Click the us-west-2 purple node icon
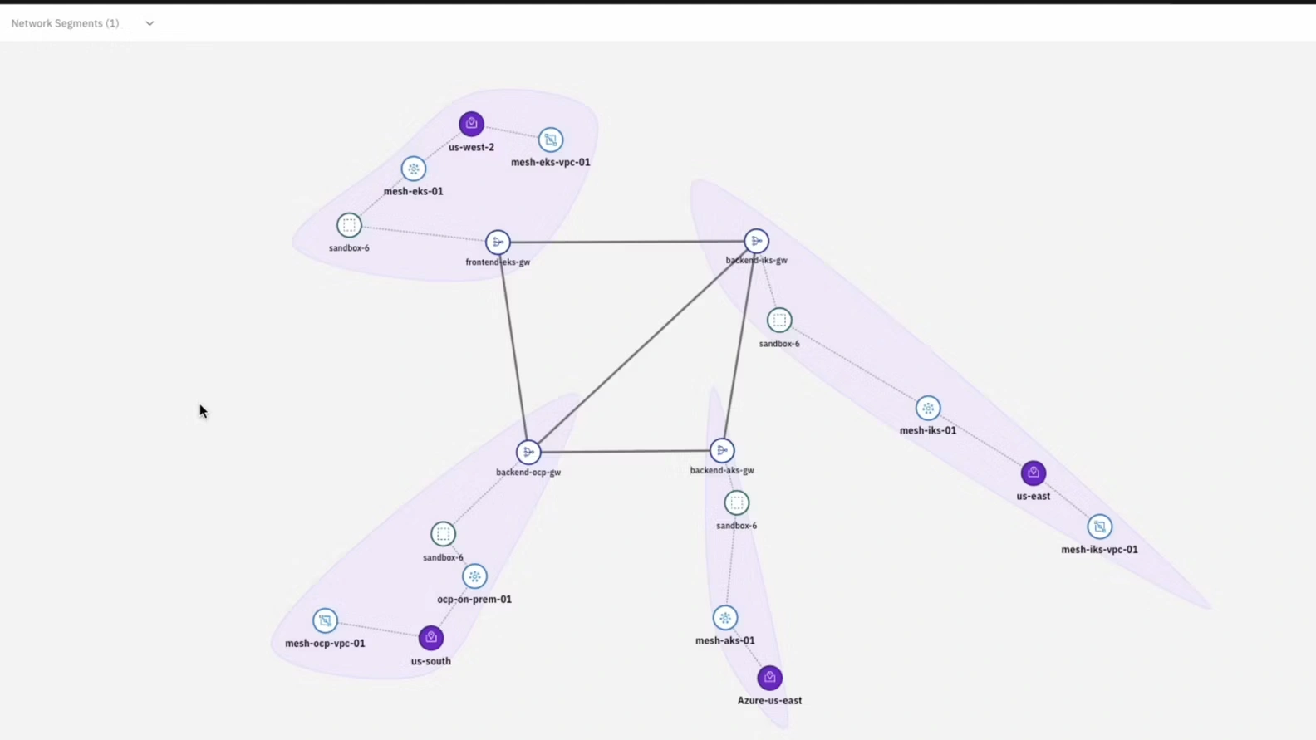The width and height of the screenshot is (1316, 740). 471,124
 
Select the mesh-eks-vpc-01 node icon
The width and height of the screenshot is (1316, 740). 551,140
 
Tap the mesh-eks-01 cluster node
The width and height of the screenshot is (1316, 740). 414,169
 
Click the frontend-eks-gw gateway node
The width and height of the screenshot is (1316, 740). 498,242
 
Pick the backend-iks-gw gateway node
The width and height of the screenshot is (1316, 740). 756,241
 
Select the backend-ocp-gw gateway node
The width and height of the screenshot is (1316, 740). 528,452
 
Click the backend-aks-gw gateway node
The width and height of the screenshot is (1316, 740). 722,450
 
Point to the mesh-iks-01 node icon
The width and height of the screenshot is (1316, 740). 928,408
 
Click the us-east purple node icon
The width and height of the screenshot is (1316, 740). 1034,473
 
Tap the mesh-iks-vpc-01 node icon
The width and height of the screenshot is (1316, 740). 1099,527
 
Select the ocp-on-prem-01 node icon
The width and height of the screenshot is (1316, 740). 474,576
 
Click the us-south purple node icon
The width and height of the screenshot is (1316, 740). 430,637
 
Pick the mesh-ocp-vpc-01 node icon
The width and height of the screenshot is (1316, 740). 325,620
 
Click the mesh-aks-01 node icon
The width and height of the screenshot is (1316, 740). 725,617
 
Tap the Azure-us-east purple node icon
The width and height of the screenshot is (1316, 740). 769,678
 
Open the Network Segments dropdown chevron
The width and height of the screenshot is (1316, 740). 150,23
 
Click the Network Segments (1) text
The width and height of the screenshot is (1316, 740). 65,23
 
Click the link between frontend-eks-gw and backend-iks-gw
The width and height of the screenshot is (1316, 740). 627,242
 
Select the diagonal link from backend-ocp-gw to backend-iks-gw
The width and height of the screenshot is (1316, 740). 642,346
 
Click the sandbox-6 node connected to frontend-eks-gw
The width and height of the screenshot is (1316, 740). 349,225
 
